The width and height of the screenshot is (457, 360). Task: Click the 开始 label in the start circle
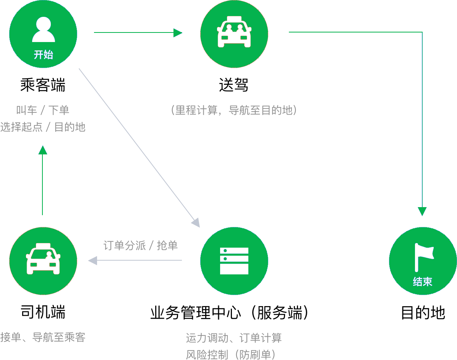pyautogui.click(x=43, y=55)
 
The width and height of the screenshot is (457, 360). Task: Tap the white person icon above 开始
pyautogui.click(x=43, y=30)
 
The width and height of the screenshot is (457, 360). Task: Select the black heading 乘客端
pyautogui.click(x=43, y=85)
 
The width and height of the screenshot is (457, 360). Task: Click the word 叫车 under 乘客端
pyautogui.click(x=26, y=110)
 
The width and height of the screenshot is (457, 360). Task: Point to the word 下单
pyautogui.click(x=59, y=110)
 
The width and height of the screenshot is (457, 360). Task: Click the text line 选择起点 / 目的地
pyautogui.click(x=43, y=127)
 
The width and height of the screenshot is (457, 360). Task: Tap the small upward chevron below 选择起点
pyautogui.click(x=42, y=150)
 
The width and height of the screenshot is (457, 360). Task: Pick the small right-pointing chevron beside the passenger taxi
pyautogui.click(x=178, y=33)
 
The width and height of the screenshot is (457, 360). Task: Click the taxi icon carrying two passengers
pyautogui.click(x=234, y=32)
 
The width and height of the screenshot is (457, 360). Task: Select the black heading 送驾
pyautogui.click(x=233, y=85)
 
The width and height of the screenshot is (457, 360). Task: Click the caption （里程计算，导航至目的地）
pyautogui.click(x=234, y=110)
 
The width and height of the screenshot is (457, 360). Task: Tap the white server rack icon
pyautogui.click(x=234, y=261)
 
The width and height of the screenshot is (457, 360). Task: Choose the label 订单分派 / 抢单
pyautogui.click(x=141, y=245)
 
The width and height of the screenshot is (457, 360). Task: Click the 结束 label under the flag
pyautogui.click(x=423, y=282)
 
